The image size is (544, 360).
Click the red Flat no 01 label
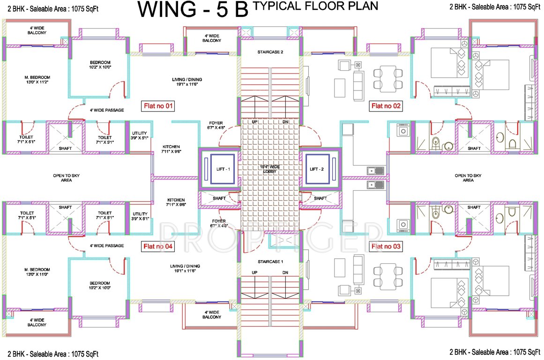point(158,106)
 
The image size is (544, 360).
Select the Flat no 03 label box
point(386,246)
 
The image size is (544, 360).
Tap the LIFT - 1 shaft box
point(219,169)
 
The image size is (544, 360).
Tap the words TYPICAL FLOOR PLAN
point(315,6)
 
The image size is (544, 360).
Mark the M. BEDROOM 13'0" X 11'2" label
point(37,80)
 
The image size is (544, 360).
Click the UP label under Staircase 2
point(255,122)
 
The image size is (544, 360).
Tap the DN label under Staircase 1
point(285,272)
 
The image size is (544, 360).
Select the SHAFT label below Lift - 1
point(219,198)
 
